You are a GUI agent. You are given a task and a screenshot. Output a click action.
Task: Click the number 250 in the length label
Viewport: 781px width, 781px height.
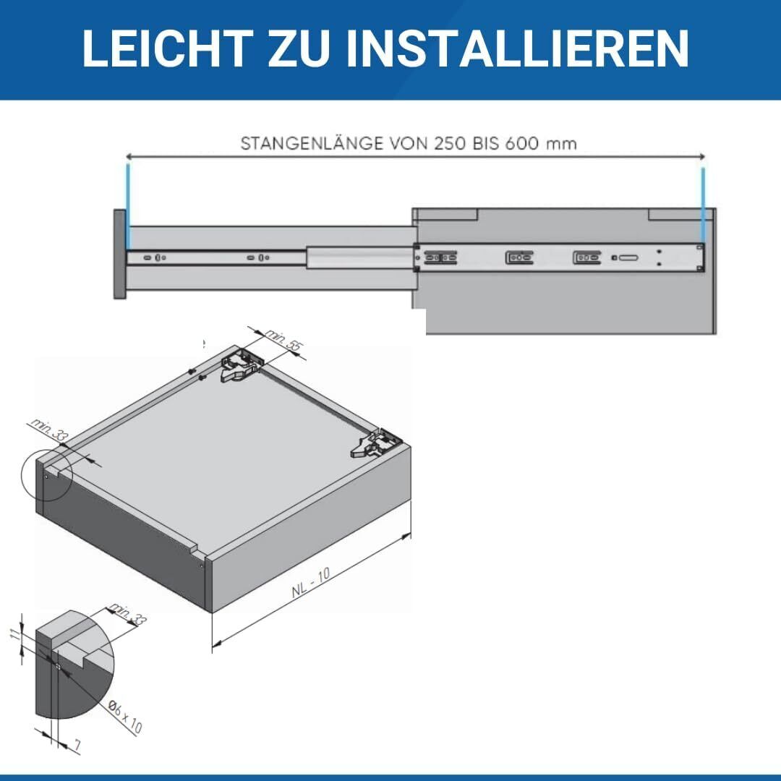pyautogui.click(x=451, y=143)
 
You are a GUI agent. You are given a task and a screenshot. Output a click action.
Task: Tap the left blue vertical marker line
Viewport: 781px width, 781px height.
pyautogui.click(x=128, y=206)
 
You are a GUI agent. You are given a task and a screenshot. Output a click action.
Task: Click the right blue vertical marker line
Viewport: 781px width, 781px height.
pyautogui.click(x=702, y=206)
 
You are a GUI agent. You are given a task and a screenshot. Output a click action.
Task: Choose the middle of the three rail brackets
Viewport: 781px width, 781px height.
pyautogui.click(x=519, y=257)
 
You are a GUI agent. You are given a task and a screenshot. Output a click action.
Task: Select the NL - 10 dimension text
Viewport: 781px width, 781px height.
pyautogui.click(x=311, y=582)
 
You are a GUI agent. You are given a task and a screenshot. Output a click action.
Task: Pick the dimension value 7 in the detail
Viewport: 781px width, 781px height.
pyautogui.click(x=75, y=742)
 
